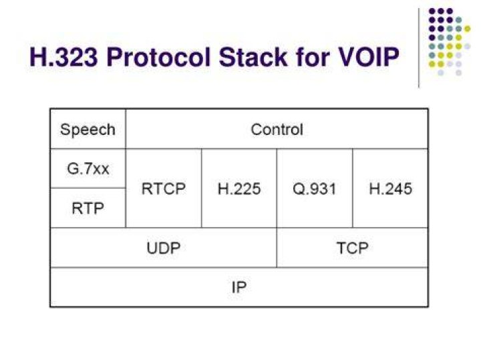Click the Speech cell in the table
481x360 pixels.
coord(88,129)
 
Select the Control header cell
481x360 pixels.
coord(277,129)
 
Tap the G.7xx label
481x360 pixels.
coord(88,169)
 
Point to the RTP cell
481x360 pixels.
coord(88,208)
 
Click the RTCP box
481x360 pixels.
coord(164,188)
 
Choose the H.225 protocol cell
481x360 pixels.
coord(239,188)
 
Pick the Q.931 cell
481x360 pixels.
coord(315,188)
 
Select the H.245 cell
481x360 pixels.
coord(391,188)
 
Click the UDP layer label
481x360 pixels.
coord(164,248)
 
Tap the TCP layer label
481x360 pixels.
coord(353,248)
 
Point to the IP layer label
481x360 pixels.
coord(239,287)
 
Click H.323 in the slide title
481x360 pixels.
coord(63,57)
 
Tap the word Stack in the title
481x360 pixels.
coord(253,57)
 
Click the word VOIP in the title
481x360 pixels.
coord(364,57)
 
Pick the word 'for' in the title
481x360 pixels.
coord(309,57)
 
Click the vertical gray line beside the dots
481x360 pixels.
coord(419,48)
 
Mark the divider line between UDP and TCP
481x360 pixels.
coord(277,248)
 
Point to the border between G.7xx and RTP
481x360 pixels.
coord(88,188)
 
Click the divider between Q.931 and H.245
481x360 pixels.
coord(353,188)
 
